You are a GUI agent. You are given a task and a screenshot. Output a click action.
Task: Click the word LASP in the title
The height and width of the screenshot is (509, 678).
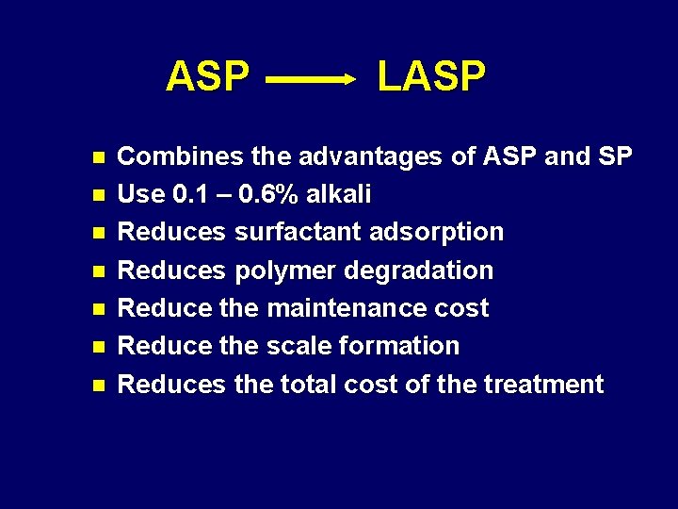(x=431, y=76)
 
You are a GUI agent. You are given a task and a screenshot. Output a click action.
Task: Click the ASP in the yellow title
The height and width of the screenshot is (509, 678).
(x=207, y=76)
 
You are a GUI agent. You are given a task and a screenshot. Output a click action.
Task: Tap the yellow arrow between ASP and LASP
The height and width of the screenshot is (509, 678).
(x=310, y=81)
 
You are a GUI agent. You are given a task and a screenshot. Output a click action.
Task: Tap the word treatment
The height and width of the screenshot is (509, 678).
(x=542, y=385)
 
